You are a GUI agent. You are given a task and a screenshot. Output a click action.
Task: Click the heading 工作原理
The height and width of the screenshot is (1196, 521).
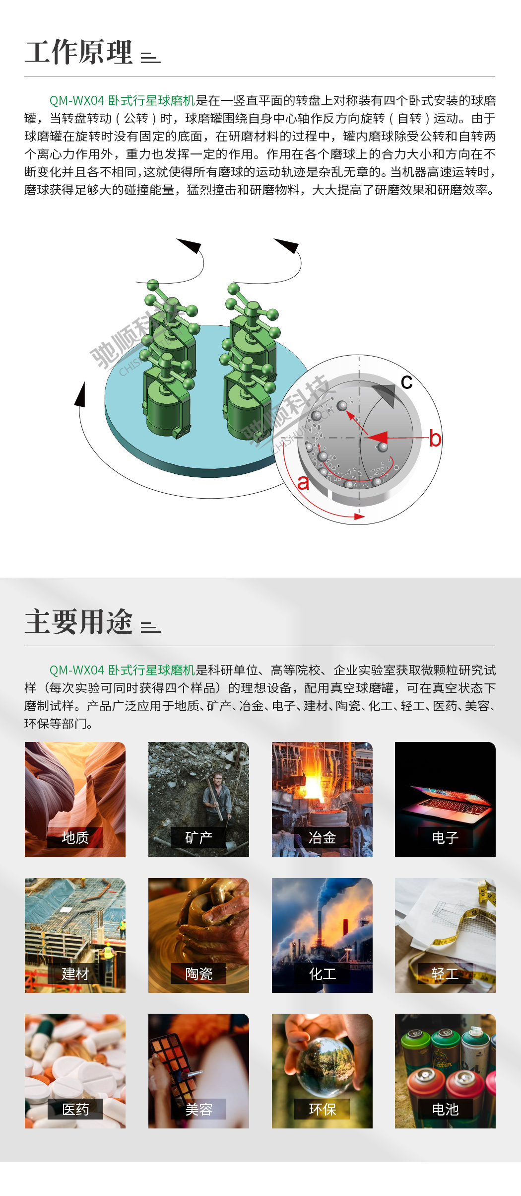(79, 52)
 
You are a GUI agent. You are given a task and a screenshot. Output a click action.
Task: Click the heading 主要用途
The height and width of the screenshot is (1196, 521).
(79, 622)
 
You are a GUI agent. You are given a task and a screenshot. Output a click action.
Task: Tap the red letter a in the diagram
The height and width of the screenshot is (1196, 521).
(303, 482)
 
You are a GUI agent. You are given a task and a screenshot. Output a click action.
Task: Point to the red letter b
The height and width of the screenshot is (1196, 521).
(435, 439)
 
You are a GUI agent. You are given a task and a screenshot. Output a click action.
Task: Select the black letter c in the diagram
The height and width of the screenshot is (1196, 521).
(407, 382)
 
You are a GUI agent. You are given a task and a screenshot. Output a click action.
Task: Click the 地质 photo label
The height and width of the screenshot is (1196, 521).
(75, 837)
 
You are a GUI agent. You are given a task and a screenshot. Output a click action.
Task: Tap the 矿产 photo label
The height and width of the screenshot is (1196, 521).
(198, 837)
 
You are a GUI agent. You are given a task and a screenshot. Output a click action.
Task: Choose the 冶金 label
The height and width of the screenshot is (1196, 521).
(322, 837)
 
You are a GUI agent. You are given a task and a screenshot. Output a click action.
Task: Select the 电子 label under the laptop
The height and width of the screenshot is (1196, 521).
(445, 837)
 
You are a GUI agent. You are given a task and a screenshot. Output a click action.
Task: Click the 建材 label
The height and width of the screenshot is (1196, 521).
(75, 973)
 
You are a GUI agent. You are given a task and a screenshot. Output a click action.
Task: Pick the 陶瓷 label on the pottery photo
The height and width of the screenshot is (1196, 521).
(198, 973)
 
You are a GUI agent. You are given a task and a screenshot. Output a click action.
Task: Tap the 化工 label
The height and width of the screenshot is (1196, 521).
(322, 973)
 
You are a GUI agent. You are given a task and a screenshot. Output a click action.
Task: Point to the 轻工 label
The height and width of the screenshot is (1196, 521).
(445, 973)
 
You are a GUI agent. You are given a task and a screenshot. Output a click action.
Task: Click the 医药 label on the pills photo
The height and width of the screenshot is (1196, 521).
(75, 1109)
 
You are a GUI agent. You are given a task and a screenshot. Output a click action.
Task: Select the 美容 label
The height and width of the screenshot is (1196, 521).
(198, 1109)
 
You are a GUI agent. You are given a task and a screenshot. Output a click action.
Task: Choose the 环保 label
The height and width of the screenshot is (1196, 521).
(322, 1109)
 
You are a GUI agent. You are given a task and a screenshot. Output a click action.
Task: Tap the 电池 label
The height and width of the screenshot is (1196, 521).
(445, 1109)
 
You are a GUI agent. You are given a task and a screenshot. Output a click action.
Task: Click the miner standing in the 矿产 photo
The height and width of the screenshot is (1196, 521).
(217, 798)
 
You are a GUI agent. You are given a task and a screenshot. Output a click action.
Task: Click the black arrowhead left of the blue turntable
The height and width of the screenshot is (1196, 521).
(80, 395)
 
